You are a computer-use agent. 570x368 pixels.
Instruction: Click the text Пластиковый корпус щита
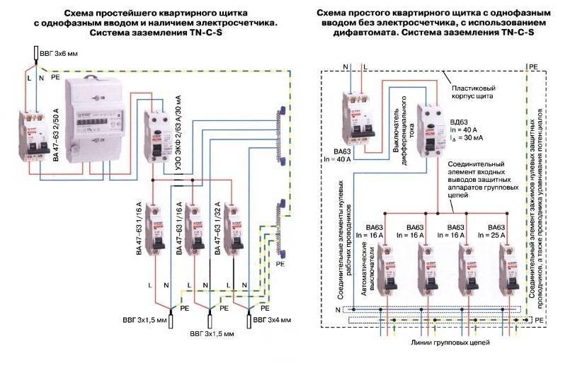[x=474, y=92]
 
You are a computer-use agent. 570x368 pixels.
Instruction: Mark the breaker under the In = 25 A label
[x=507, y=270]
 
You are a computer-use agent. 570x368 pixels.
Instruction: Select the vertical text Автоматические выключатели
[x=366, y=268]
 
